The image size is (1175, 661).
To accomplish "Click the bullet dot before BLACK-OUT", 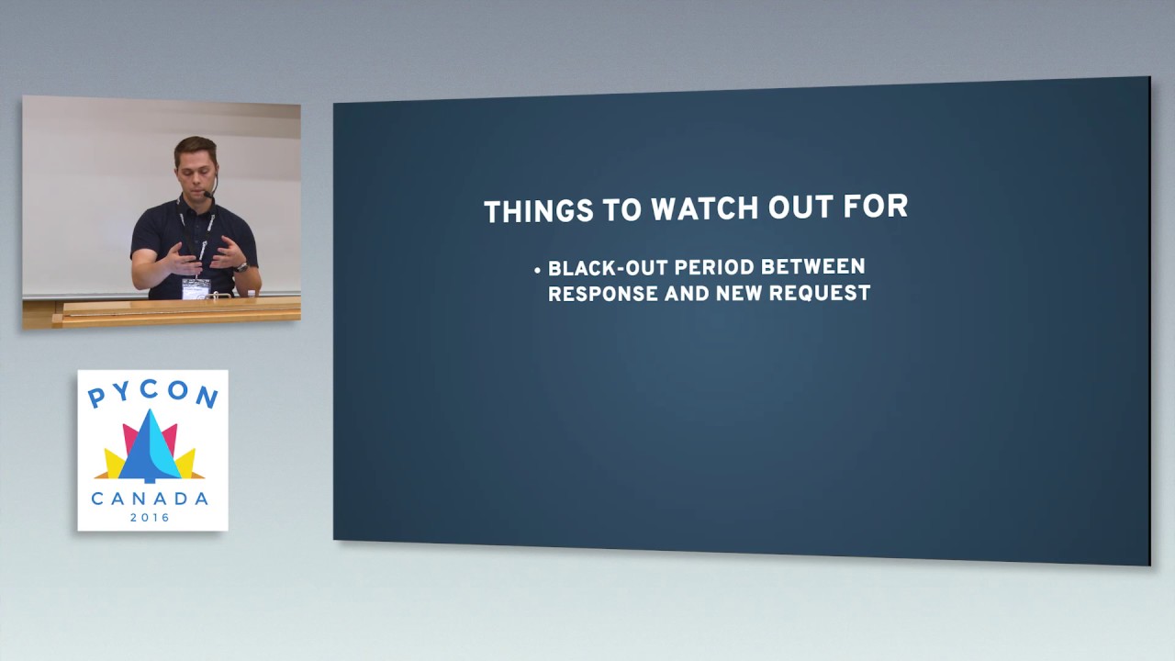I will pyautogui.click(x=537, y=271).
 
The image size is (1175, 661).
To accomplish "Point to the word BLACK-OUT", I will pyautogui.click(x=607, y=268).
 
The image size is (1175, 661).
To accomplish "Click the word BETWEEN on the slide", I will pyautogui.click(x=822, y=266).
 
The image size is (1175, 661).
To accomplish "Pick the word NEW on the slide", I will pyautogui.click(x=737, y=294).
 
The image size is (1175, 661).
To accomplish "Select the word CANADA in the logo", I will pyautogui.click(x=150, y=499).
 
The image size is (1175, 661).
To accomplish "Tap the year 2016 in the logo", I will pyautogui.click(x=150, y=518).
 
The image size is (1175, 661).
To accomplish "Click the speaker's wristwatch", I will pyautogui.click(x=241, y=267).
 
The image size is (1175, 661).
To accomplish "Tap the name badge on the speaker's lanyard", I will pyautogui.click(x=196, y=288).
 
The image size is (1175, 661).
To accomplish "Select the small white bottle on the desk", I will pyautogui.click(x=251, y=293).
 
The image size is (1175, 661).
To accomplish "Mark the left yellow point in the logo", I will pyautogui.click(x=113, y=464).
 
